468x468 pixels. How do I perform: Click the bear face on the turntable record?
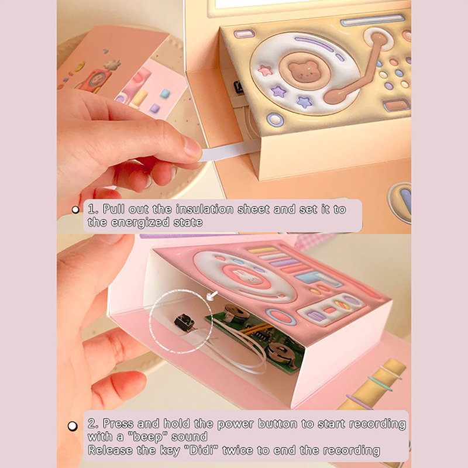click(302, 71)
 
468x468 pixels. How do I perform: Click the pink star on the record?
click(265, 71)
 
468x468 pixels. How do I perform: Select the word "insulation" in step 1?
click(204, 209)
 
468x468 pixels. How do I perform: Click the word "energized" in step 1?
click(140, 222)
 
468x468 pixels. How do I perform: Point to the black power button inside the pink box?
click(184, 321)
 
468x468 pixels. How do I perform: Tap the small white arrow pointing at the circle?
click(212, 296)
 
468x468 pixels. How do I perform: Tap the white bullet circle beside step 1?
click(75, 210)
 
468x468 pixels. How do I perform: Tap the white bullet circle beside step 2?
click(73, 426)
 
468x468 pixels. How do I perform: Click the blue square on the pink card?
click(165, 94)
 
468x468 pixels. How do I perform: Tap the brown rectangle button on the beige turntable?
click(397, 105)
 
